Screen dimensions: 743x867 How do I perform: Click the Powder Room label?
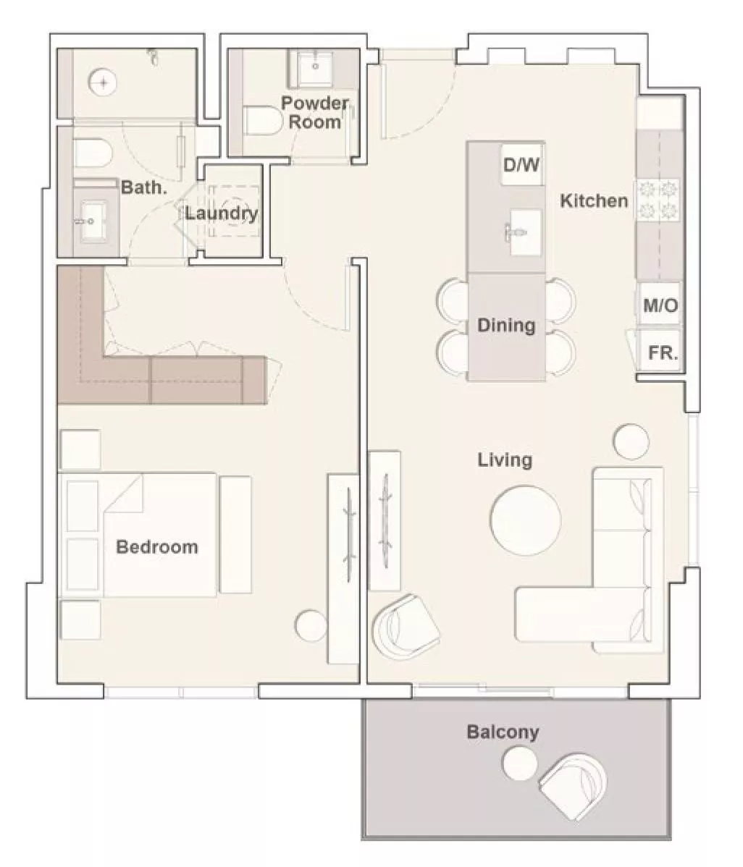point(315,112)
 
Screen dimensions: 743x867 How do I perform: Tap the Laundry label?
point(222,213)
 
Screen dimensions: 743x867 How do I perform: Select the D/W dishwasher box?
point(521,164)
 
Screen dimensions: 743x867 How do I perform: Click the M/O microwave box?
point(660,305)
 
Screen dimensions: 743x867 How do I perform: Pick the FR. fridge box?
point(662,352)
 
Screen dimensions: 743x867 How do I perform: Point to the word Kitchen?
point(594,200)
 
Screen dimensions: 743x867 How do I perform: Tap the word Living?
point(505,460)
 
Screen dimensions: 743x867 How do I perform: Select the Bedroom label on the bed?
point(157,547)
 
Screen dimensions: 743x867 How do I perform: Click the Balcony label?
point(503,732)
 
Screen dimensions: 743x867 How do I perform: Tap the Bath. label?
point(144,187)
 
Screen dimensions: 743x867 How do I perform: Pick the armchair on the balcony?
point(573,785)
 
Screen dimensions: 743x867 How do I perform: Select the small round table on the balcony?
point(519,763)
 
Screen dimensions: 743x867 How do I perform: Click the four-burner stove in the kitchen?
point(658,199)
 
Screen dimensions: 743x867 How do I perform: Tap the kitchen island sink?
point(524,232)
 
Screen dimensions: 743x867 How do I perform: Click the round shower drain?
point(104,83)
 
